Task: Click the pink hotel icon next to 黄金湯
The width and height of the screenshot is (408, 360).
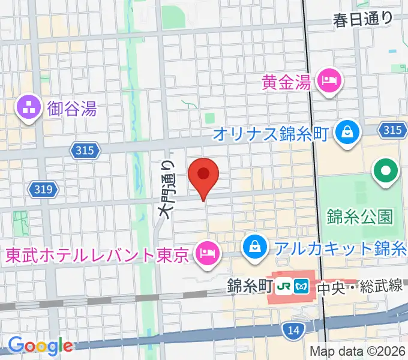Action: pos(329,80)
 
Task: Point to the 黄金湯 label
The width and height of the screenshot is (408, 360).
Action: pos(286,81)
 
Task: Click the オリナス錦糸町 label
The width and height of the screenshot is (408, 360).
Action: pos(271,133)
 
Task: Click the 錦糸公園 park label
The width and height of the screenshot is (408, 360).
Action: pos(360,216)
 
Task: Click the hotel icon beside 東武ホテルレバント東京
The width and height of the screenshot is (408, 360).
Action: pos(207,253)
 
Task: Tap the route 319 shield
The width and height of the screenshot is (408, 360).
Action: pos(43,190)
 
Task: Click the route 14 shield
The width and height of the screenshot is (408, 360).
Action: pos(292,329)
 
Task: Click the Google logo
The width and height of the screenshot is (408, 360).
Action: pos(40,345)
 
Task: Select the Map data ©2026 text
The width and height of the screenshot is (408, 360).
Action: pos(358,351)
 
